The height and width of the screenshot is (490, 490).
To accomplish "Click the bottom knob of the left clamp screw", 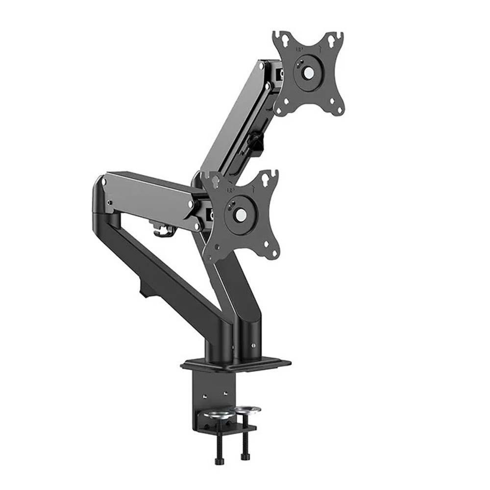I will tap(218, 461).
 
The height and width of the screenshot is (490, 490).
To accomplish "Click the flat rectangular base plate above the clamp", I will tap(235, 364).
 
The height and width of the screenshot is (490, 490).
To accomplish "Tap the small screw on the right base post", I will tap(253, 345).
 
